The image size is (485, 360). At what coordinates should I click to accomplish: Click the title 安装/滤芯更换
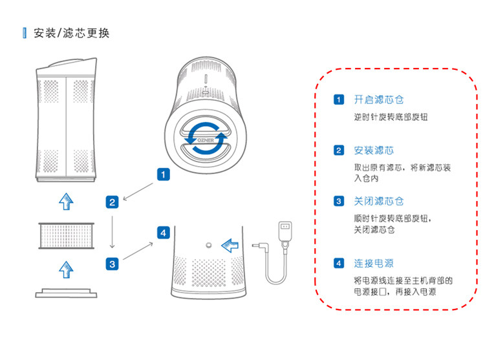[x=71, y=33]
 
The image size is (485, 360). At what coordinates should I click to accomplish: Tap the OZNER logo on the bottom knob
[x=206, y=140]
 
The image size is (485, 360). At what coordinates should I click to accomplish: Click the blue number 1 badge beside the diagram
[x=164, y=175]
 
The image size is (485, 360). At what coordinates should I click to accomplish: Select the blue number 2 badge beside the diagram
[x=112, y=202]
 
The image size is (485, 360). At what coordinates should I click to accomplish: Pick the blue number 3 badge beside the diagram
[x=112, y=264]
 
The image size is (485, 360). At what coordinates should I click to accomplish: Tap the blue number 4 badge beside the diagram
[x=164, y=233]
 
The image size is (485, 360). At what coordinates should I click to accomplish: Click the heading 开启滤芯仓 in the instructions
[x=379, y=100]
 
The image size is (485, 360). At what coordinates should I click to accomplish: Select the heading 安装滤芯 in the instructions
[x=374, y=151]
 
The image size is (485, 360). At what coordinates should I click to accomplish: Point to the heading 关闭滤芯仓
[x=379, y=201]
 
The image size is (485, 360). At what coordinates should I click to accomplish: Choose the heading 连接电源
[x=374, y=263]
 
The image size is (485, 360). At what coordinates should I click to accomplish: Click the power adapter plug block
[x=285, y=231]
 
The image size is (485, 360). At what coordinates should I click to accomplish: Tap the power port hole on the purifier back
[x=209, y=246]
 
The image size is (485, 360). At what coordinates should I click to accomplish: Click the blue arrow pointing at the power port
[x=230, y=246]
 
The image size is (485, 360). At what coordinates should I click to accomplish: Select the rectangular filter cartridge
[x=66, y=236]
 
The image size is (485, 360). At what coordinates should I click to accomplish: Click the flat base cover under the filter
[x=66, y=293]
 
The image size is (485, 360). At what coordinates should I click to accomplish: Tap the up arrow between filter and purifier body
[x=66, y=202]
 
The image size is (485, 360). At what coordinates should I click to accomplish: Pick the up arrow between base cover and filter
[x=66, y=270]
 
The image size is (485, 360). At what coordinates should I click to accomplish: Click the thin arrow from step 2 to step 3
[x=113, y=232]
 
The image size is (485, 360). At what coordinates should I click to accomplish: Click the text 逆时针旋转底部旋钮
[x=391, y=117]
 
